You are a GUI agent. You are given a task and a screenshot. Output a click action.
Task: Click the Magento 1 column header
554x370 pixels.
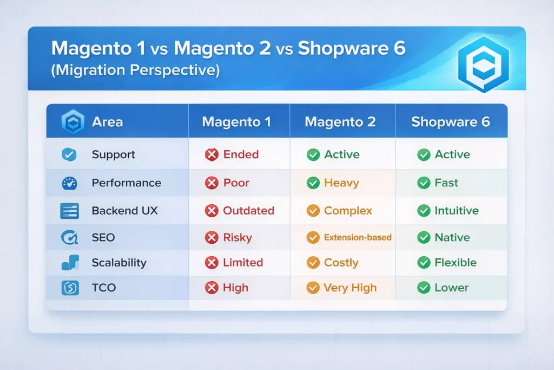coord(236,122)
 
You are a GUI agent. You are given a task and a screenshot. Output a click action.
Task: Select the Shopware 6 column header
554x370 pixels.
coord(450,122)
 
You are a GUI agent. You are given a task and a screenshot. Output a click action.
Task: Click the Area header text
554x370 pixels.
coord(107,122)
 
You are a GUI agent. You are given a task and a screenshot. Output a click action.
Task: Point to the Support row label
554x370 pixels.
coord(113,155)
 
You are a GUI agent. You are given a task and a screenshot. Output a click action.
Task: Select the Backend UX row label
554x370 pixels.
coord(124,211)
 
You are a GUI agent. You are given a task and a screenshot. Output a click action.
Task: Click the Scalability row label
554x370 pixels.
coord(119,263)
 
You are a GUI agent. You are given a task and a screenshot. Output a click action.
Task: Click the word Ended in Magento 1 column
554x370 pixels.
coord(241,155)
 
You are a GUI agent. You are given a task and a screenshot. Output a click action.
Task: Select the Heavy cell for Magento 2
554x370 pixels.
coord(341,183)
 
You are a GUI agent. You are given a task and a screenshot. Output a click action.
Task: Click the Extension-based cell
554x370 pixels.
coord(358,237)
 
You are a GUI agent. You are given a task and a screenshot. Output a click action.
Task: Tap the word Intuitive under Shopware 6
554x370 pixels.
coord(456,211)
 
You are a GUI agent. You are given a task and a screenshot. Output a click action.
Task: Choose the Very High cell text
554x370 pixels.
coord(350,288)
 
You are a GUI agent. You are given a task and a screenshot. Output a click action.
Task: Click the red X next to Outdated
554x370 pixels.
coord(212,211)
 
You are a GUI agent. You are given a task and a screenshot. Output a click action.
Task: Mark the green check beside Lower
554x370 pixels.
coord(424,288)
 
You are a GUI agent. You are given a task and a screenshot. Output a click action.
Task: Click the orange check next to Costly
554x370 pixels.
coord(313,263)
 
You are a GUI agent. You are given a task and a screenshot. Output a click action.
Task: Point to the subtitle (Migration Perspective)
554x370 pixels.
coord(135,71)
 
